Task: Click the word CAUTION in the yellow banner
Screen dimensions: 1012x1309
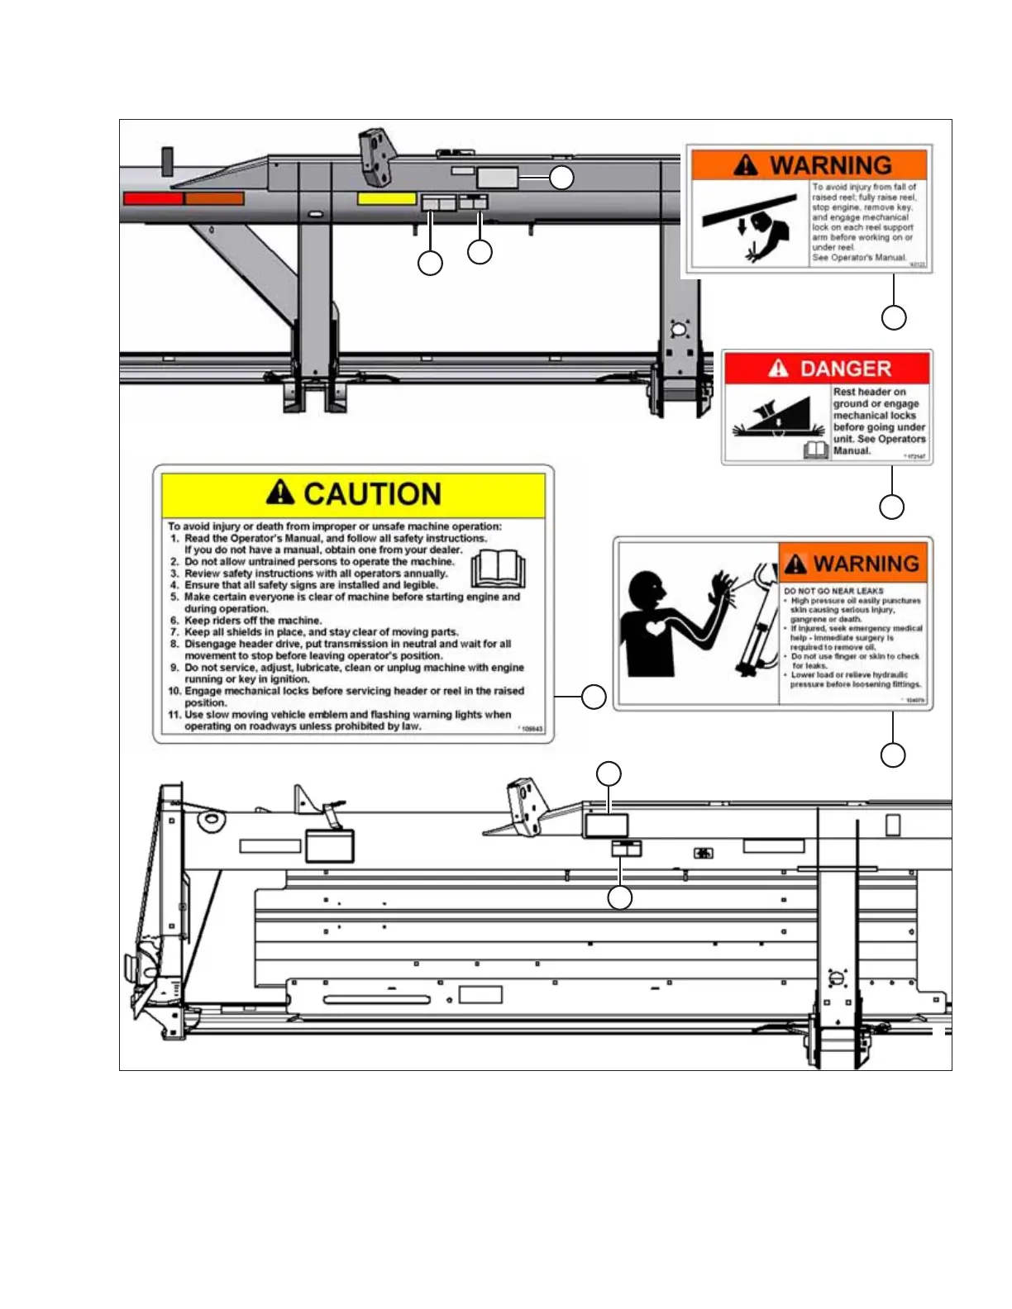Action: click(372, 494)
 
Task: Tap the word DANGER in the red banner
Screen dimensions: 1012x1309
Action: click(845, 369)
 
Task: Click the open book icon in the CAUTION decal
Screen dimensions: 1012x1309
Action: click(498, 569)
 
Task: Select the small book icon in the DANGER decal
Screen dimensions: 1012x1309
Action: click(816, 450)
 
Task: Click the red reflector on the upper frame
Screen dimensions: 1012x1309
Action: click(153, 198)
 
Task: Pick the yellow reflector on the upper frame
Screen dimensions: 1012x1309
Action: click(386, 198)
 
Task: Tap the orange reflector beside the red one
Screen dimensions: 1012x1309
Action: click(214, 198)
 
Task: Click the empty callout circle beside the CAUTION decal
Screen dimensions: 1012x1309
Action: click(594, 697)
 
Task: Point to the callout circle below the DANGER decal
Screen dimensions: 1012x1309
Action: click(891, 507)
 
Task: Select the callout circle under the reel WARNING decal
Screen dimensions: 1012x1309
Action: click(894, 317)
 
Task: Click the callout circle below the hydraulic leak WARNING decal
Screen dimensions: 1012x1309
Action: click(893, 754)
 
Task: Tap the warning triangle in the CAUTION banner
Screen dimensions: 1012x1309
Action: click(280, 493)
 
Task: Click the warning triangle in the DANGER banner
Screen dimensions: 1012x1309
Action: click(778, 368)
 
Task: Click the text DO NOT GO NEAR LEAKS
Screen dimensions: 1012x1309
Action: click(833, 591)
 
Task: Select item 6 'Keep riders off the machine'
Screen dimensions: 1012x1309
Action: click(252, 620)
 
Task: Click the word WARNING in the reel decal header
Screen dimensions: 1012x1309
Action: click(830, 165)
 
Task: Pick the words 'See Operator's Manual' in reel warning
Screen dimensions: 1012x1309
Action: click(858, 258)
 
